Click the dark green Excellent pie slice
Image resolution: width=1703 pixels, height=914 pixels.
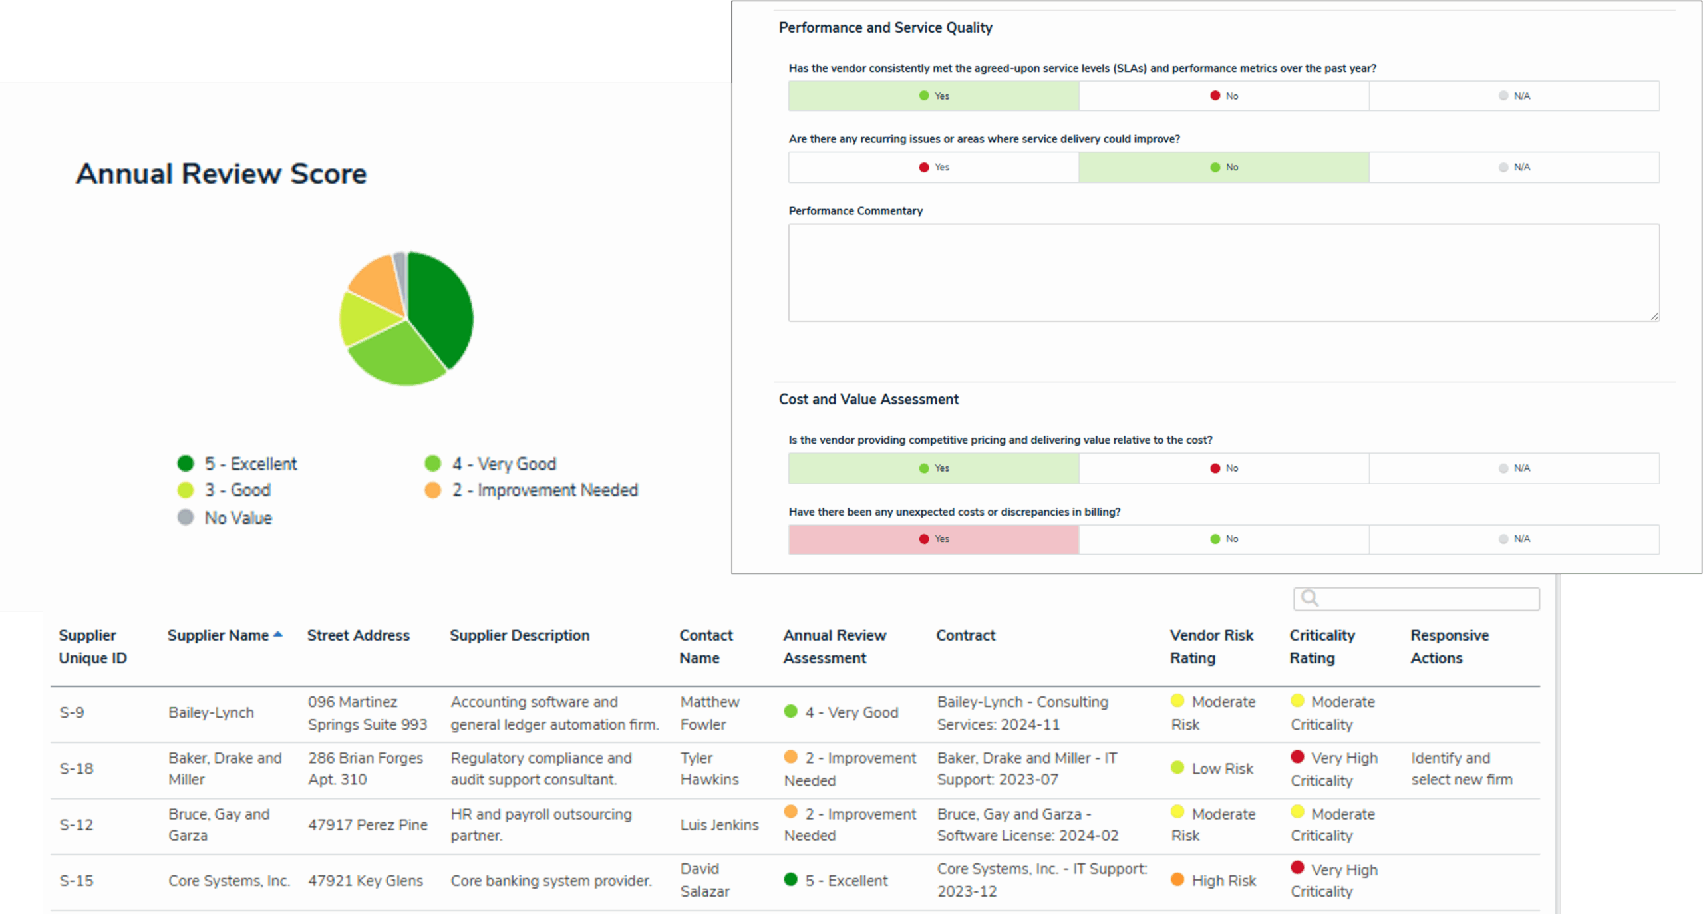click(440, 306)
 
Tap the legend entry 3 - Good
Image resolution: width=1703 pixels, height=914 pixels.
click(237, 490)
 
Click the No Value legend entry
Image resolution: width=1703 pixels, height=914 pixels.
click(237, 518)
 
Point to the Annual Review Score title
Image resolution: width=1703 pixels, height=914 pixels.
click(221, 174)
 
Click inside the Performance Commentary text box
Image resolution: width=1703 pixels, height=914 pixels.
click(1223, 273)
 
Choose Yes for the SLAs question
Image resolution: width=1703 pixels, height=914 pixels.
click(933, 96)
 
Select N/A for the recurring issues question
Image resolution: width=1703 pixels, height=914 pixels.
click(1514, 167)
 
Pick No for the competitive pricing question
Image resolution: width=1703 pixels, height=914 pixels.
click(1224, 468)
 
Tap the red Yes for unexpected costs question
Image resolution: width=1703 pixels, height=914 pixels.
click(933, 539)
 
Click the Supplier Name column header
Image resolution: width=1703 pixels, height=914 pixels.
click(218, 635)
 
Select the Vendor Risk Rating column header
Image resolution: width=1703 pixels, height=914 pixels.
click(1211, 646)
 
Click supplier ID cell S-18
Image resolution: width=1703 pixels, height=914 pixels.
click(77, 769)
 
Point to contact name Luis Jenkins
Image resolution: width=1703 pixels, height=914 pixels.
click(719, 825)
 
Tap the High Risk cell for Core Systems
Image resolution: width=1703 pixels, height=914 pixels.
click(1223, 881)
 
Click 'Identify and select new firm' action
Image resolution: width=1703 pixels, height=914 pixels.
click(1462, 769)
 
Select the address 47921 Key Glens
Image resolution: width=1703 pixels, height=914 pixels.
click(365, 881)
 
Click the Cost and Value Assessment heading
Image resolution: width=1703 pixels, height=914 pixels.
click(869, 399)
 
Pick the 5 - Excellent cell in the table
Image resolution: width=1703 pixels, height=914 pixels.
click(846, 881)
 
